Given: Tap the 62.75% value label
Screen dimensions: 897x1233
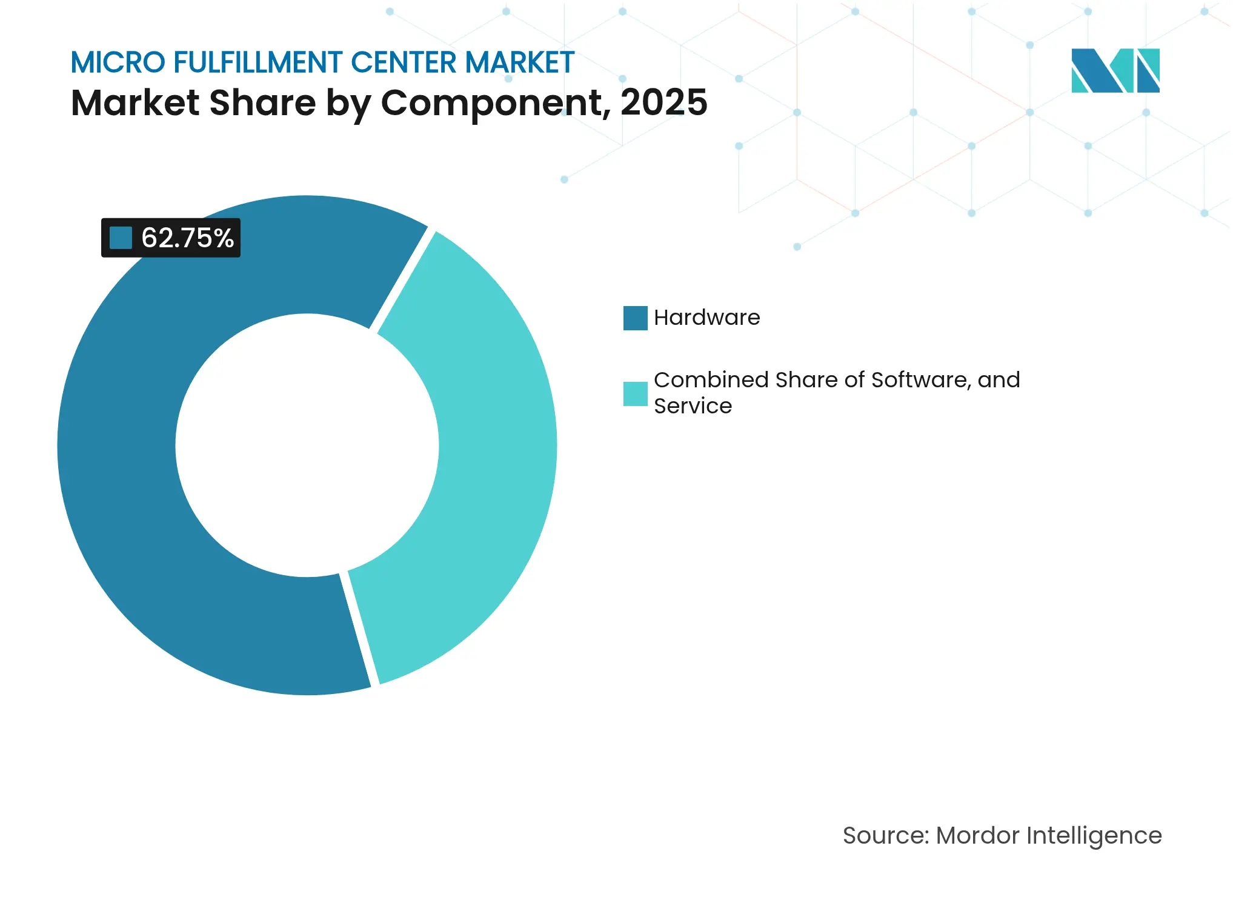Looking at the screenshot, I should pos(187,238).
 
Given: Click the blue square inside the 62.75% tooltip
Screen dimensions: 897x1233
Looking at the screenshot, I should pos(121,238).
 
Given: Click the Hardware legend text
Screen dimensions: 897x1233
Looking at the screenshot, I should pos(706,318).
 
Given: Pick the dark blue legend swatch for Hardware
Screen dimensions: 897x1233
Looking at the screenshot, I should pos(635,318).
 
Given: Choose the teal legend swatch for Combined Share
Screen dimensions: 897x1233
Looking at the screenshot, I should pos(635,393).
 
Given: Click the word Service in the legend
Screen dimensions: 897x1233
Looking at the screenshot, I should pos(693,406).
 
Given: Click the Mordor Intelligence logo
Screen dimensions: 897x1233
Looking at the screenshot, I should pos(1115,70).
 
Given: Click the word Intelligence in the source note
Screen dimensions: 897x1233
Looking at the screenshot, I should pos(1094,836).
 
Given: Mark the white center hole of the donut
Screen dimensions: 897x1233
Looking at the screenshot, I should pos(307,445).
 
